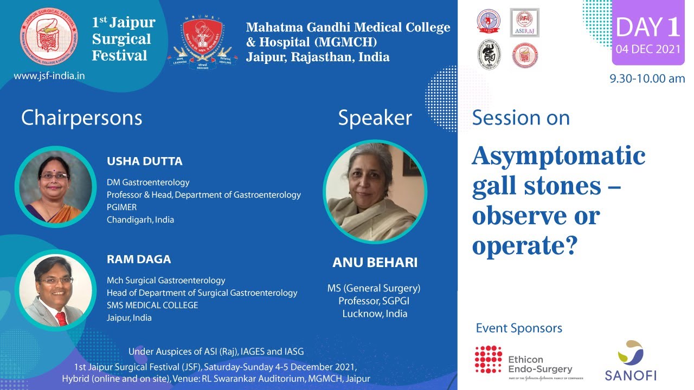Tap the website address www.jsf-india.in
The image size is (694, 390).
coord(49,76)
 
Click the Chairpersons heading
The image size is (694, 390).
coord(81,118)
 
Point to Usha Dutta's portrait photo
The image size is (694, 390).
coord(55,186)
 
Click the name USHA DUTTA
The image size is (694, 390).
coord(144,161)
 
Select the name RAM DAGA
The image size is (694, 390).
coord(139,259)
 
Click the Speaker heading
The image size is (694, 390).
coord(375,118)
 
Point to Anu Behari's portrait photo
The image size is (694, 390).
coord(375,191)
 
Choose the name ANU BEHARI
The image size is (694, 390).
coord(375,263)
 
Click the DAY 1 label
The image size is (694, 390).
coord(648,28)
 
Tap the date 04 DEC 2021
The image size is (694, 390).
coord(648,50)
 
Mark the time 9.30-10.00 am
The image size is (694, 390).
coord(647,79)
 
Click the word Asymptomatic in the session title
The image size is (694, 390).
coord(558,157)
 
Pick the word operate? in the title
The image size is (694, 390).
coord(523,246)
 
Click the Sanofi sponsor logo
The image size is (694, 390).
coord(630,361)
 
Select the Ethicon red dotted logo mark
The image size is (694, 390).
coord(489,360)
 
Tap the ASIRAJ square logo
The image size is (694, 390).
coord(524,23)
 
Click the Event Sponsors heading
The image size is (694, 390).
coord(519,328)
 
